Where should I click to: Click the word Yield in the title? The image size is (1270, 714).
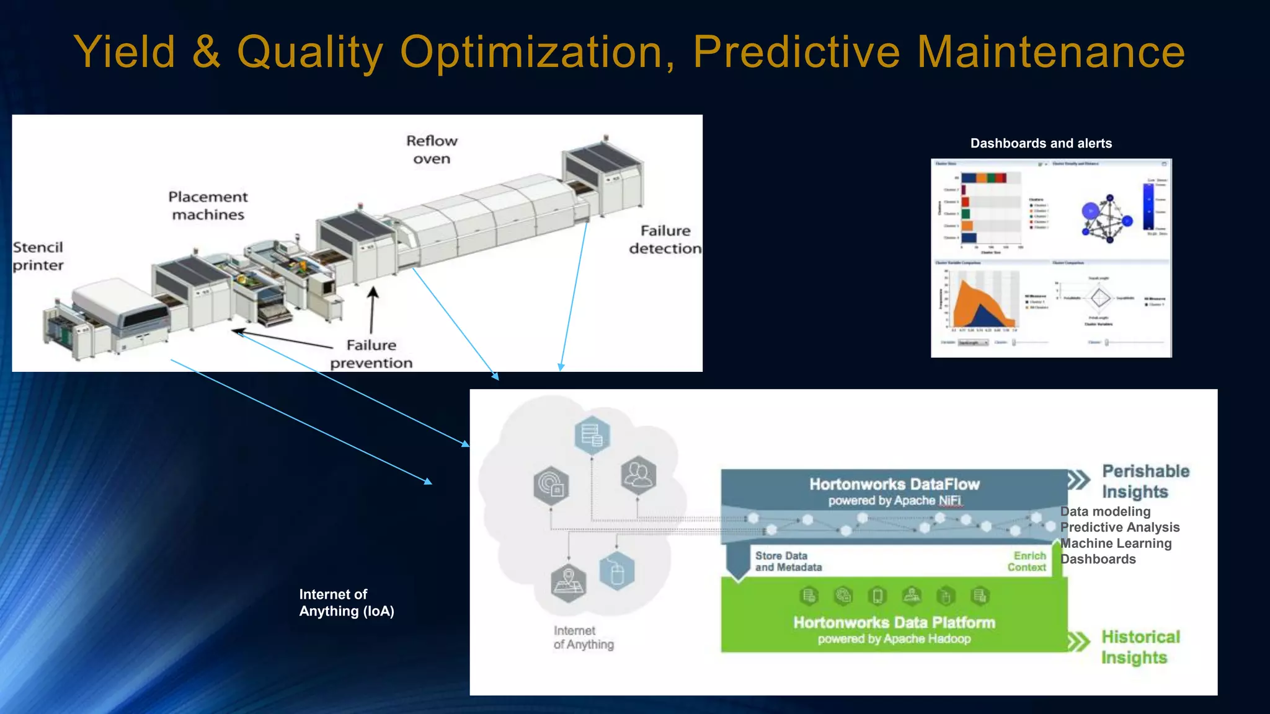coord(124,52)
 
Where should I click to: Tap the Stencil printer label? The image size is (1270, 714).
coord(38,257)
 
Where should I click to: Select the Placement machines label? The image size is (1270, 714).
coord(208,206)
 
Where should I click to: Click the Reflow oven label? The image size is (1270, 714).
coord(432,150)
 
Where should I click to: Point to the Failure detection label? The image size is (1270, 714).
coord(665,240)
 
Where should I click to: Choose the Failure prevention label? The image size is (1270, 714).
coord(371,354)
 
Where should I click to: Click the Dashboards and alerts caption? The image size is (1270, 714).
coord(1041,143)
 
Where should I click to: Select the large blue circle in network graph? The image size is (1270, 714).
coord(1091,211)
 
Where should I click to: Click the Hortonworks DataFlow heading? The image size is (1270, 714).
coord(894,485)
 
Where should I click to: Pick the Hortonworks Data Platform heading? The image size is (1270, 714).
coord(894,623)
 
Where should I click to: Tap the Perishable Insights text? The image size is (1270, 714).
coord(1145,481)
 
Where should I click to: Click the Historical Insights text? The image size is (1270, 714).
coord(1140,647)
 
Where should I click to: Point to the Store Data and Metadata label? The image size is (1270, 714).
coord(788,562)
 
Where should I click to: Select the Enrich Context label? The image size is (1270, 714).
coord(1028,562)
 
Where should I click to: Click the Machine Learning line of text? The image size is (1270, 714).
coord(1116,544)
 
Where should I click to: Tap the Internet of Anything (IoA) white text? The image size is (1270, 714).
coord(346,602)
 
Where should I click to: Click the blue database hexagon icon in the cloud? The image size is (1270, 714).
coord(592,434)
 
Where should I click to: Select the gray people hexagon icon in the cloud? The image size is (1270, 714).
coord(638,475)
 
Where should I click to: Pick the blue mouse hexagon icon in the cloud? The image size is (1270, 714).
coord(616,571)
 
